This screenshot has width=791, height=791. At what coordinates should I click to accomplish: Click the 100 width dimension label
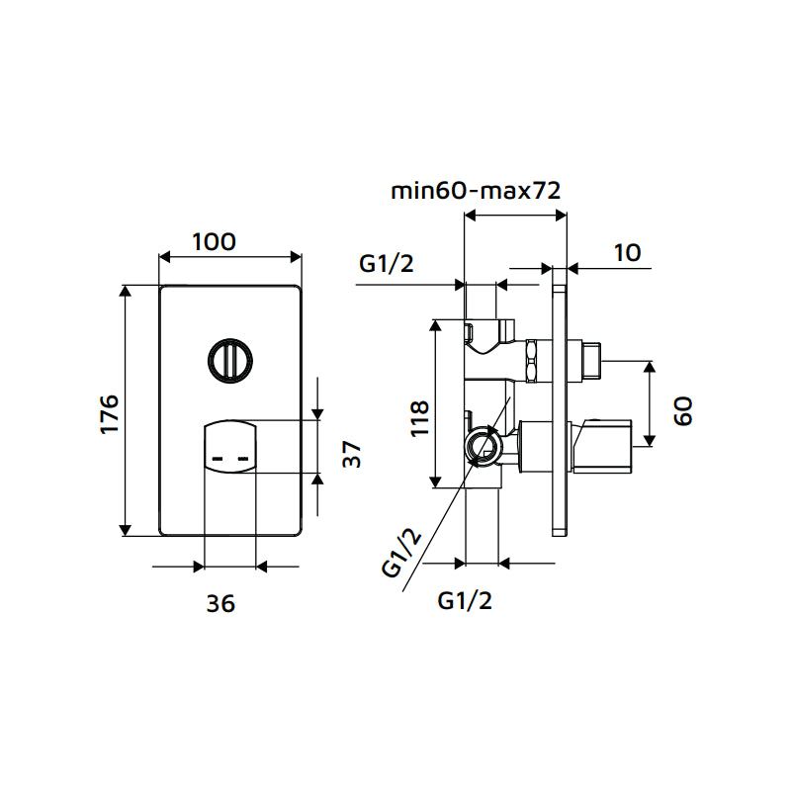click(x=214, y=241)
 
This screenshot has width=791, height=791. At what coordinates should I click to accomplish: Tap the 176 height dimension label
click(x=110, y=413)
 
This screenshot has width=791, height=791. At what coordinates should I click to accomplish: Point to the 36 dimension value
click(x=221, y=603)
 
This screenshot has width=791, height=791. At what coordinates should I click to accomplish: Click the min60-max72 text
click(x=477, y=191)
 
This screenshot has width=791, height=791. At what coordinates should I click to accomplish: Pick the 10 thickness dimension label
click(x=627, y=252)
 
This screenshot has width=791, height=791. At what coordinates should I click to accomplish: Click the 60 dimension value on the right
click(x=683, y=409)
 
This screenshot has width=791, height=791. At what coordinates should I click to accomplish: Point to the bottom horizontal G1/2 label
click(x=465, y=600)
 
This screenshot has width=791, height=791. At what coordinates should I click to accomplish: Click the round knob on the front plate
click(x=229, y=360)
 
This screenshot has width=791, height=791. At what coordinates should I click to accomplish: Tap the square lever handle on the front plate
click(x=229, y=448)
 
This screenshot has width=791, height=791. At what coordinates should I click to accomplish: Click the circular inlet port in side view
click(x=483, y=446)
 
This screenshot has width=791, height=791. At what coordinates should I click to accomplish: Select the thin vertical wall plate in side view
click(x=560, y=409)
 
